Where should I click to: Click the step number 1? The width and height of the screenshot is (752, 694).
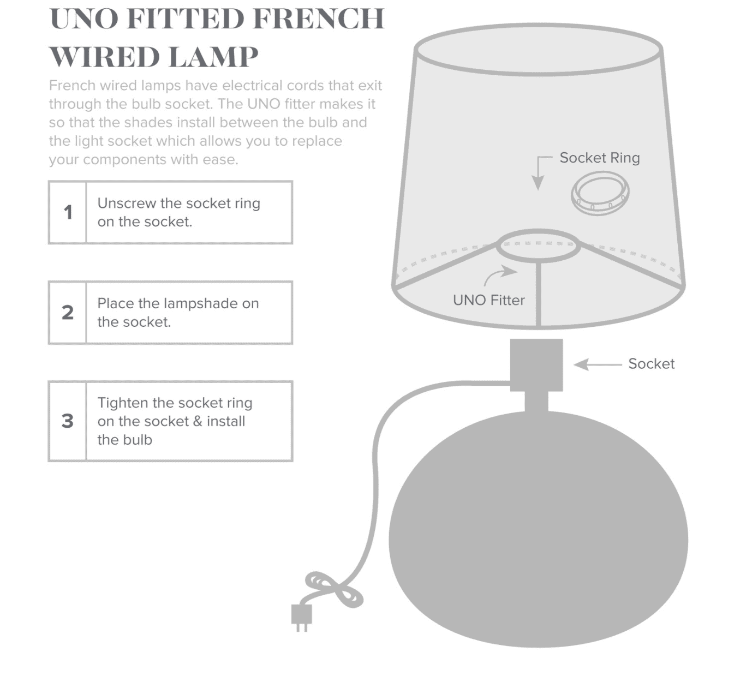(68, 212)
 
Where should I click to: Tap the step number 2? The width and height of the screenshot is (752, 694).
(68, 313)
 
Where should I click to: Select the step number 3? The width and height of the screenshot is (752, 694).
(68, 421)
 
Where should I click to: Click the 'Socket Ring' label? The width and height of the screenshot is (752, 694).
(600, 158)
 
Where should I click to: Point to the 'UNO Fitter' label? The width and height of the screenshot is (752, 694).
(489, 300)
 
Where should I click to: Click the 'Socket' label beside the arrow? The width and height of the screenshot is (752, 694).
(651, 364)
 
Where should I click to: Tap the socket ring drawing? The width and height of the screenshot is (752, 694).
(600, 194)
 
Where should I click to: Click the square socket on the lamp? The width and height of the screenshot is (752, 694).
(536, 365)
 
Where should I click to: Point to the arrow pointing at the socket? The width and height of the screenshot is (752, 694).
(598, 364)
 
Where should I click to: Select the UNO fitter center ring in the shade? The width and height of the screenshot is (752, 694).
(538, 229)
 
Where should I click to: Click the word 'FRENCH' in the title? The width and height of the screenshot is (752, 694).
(319, 19)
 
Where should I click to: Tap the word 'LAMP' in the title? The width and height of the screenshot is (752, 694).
(213, 57)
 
